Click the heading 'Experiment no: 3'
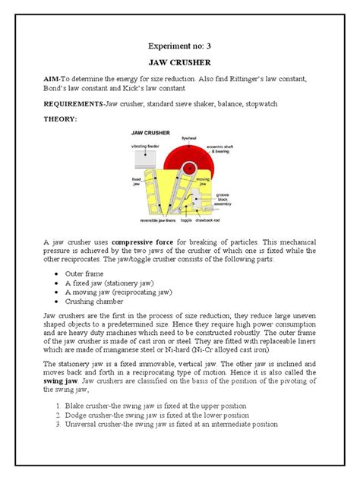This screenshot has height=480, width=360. click(x=179, y=45)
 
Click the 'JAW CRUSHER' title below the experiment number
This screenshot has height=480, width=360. click(x=179, y=65)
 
